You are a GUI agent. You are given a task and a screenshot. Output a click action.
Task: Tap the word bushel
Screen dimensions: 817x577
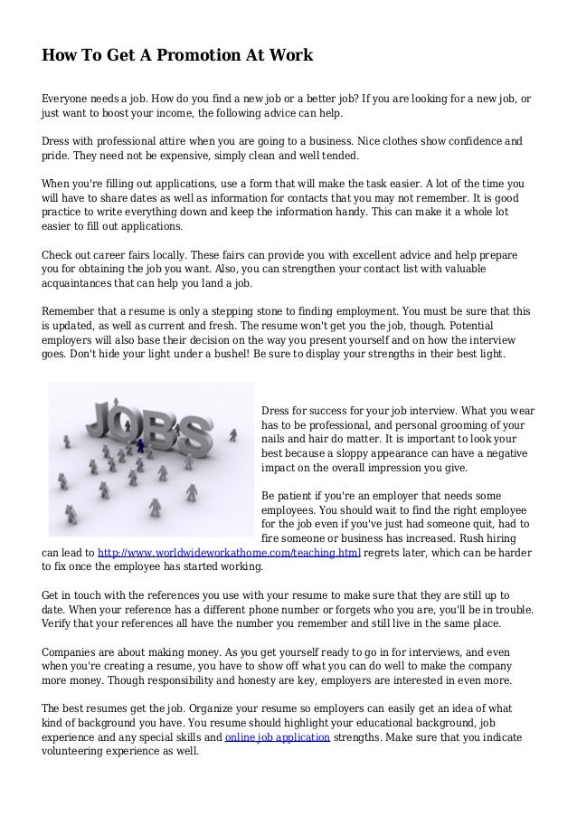[x=192, y=353]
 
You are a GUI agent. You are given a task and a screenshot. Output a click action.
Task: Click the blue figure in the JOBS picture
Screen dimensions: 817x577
[x=140, y=443]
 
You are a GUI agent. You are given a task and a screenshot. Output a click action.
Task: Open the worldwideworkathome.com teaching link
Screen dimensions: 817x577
[x=229, y=551]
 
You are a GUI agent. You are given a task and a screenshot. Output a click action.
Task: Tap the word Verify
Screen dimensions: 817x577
[x=61, y=622]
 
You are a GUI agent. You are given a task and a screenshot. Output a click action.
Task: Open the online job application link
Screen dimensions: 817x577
[x=277, y=736]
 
